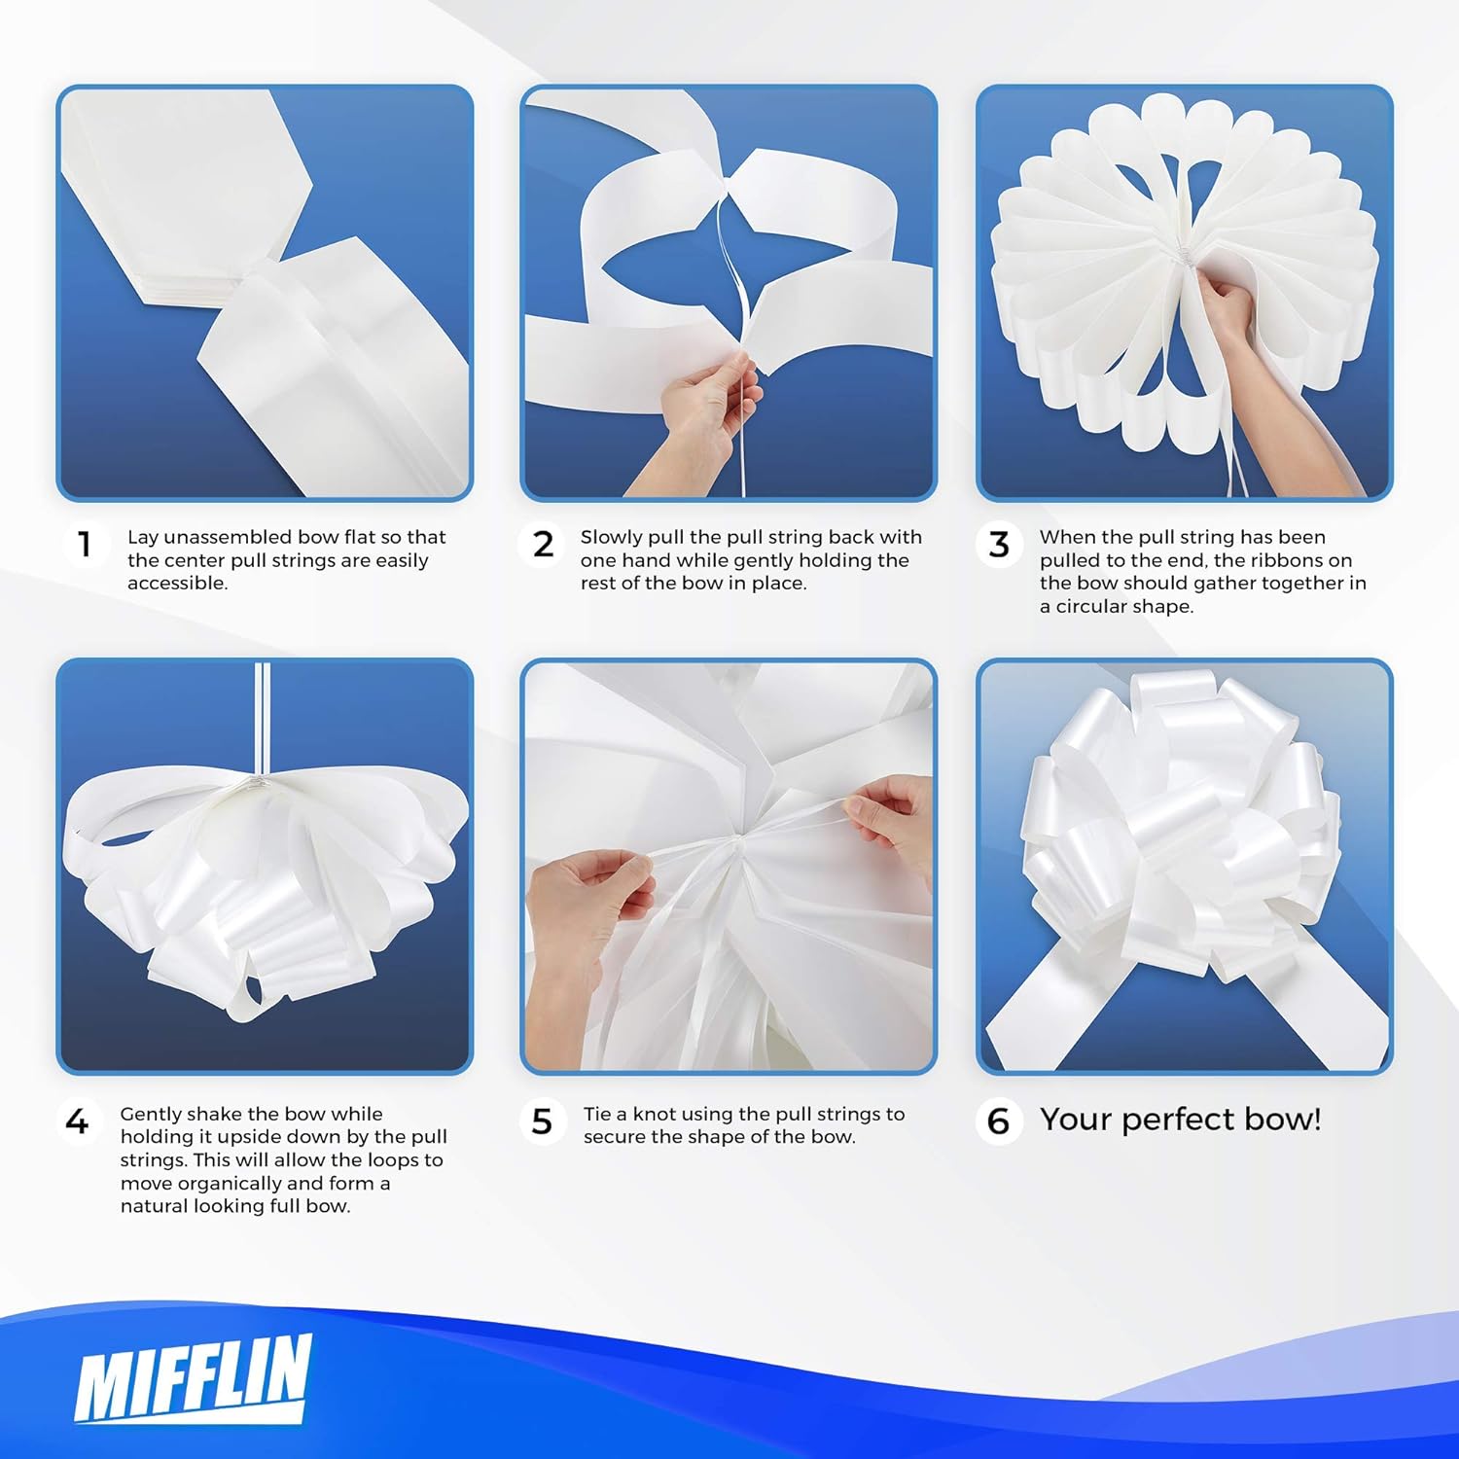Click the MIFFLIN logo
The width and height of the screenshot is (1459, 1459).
click(194, 1376)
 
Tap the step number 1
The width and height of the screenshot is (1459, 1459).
click(85, 544)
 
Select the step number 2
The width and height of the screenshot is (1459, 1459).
click(544, 544)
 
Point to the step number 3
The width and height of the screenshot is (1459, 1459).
click(999, 544)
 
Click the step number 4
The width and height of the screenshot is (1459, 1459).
click(77, 1121)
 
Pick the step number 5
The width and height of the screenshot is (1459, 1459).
click(543, 1121)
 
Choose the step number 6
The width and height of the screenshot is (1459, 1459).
click(998, 1121)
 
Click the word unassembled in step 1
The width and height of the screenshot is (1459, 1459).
click(228, 537)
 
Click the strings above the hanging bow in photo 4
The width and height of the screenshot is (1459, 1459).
click(262, 719)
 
